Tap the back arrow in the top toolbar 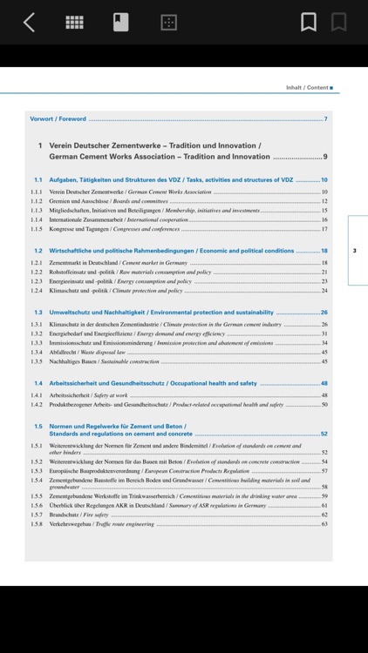pyautogui.click(x=29, y=23)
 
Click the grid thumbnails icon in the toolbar pyautogui.click(x=75, y=23)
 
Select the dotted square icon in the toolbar pyautogui.click(x=169, y=23)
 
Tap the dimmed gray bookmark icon pyautogui.click(x=338, y=23)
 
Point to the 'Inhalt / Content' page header pyautogui.click(x=308, y=87)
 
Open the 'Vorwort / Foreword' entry pyautogui.click(x=58, y=118)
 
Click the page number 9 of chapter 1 pyautogui.click(x=324, y=157)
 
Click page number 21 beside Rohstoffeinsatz pyautogui.click(x=324, y=272)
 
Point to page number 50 pyautogui.click(x=324, y=404)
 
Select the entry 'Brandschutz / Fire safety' pyautogui.click(x=85, y=515)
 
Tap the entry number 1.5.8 pyautogui.click(x=37, y=524)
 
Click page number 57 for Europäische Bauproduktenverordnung pyautogui.click(x=324, y=470)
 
